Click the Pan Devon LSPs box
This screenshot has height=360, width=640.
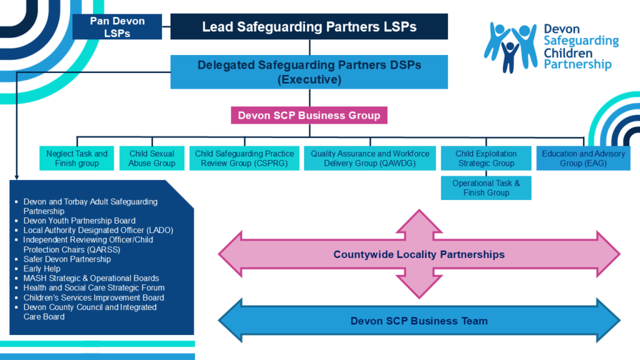[117, 27]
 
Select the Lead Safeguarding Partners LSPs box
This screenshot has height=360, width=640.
[309, 27]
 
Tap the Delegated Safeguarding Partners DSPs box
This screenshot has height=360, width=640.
[309, 72]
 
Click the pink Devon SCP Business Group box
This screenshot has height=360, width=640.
[309, 116]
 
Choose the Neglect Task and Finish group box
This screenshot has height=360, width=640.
[77, 158]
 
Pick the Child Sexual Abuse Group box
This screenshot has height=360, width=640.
[152, 158]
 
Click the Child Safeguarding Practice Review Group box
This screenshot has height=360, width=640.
[244, 158]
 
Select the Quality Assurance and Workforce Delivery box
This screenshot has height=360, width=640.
[370, 158]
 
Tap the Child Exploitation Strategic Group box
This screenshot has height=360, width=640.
[486, 158]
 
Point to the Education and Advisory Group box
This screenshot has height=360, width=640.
[583, 158]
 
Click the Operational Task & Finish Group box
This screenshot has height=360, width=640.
[486, 188]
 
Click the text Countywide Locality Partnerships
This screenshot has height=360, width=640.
[419, 254]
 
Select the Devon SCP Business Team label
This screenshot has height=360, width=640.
[419, 321]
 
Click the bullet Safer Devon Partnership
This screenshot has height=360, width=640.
[67, 259]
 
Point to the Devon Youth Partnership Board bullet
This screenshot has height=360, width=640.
[79, 221]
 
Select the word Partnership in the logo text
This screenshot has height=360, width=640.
[577, 64]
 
